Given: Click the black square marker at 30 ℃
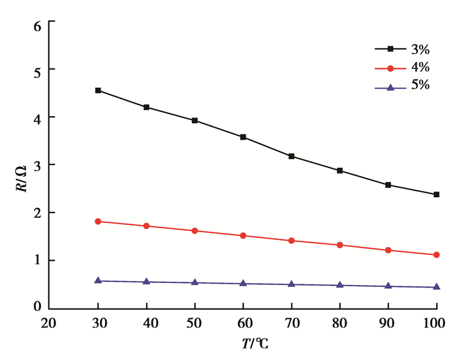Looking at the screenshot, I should [x=98, y=90].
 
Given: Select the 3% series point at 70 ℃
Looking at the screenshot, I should [x=291, y=157].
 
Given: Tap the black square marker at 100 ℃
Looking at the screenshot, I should [x=436, y=194].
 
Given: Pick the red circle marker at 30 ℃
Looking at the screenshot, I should [x=98, y=222].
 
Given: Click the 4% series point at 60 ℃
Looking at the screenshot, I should [x=243, y=235].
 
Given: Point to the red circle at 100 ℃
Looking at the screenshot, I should [x=436, y=255].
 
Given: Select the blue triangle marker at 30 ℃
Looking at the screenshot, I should [x=98, y=280].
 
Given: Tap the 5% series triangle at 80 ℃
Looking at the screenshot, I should [x=339, y=285].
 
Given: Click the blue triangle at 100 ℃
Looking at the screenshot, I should [x=436, y=287].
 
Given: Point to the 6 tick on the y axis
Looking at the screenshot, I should [x=37, y=26].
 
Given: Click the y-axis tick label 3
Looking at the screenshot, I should [x=37, y=165].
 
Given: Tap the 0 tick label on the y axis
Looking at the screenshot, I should [x=37, y=307].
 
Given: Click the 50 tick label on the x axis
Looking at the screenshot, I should [x=195, y=323].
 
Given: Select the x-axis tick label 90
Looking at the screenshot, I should [x=388, y=323].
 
